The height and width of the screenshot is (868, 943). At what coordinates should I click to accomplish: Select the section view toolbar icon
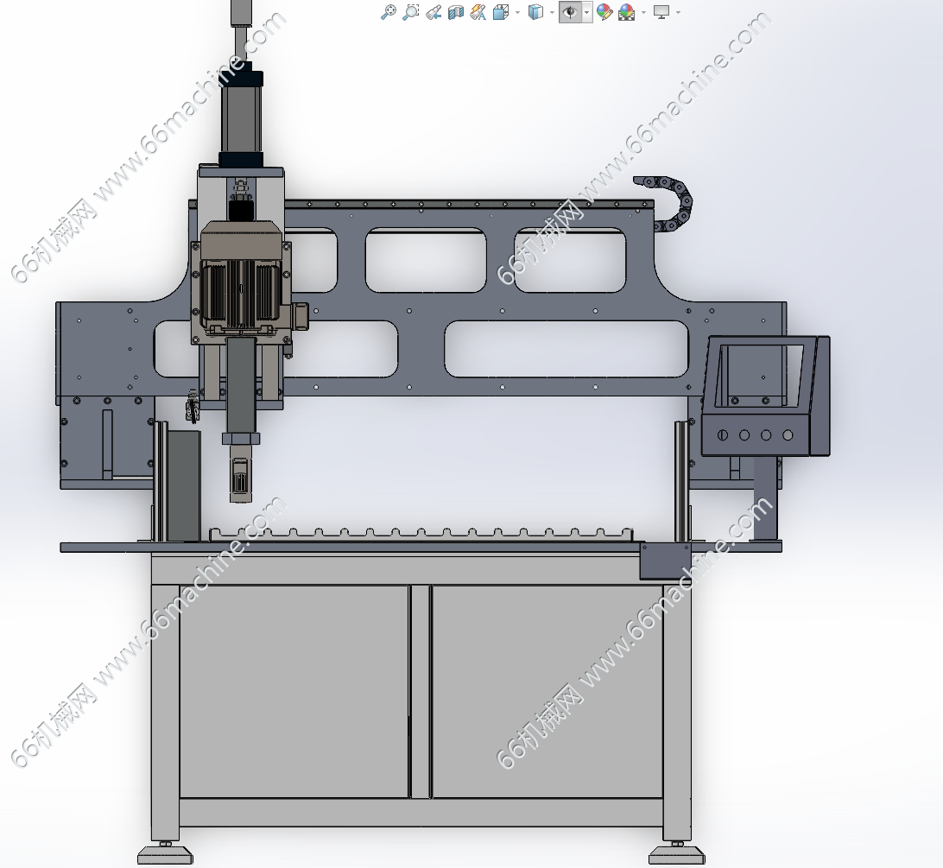click(456, 12)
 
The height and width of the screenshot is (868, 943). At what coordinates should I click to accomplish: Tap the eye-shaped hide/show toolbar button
click(569, 12)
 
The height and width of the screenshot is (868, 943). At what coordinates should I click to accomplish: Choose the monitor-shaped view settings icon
click(661, 12)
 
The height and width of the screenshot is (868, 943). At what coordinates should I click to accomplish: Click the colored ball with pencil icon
click(604, 12)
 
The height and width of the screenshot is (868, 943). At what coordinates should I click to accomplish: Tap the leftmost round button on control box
click(723, 435)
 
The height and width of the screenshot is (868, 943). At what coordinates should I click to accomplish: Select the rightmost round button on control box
click(788, 435)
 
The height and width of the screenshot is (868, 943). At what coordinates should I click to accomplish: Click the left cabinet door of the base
click(294, 692)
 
